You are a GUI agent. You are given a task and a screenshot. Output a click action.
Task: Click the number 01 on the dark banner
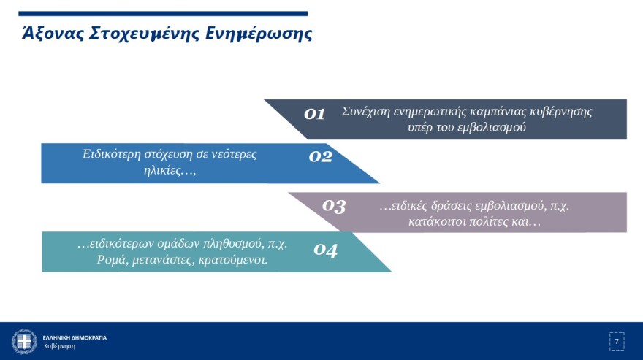click(314, 113)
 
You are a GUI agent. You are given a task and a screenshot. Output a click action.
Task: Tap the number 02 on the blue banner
click(321, 156)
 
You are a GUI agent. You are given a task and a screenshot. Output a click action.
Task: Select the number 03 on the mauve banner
click(334, 206)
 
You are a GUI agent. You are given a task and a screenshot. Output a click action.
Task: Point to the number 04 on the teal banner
click(326, 250)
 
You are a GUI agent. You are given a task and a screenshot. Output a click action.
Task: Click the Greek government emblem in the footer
click(24, 341)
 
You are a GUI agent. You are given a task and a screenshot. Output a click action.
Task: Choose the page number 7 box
click(617, 341)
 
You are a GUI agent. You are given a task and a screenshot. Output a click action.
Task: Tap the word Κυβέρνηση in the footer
click(59, 346)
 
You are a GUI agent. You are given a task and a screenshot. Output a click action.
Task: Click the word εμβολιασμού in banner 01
click(493, 127)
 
